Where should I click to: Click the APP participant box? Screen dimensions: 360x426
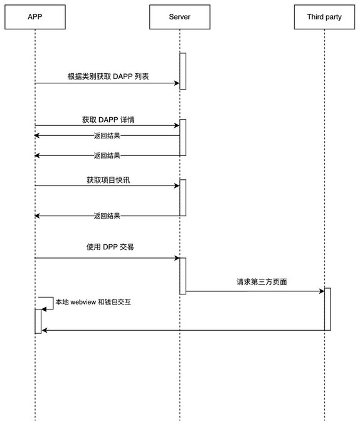coord(35,17)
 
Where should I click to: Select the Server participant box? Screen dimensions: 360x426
coord(180,17)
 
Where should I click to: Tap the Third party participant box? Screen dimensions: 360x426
coord(324,17)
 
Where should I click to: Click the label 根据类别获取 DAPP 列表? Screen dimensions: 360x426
coord(109,76)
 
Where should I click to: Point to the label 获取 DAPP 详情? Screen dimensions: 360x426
coord(109,120)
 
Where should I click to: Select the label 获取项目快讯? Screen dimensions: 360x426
coord(109,180)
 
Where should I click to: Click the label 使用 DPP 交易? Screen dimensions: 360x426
coord(110,247)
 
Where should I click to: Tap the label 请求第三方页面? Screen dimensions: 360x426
coord(262,282)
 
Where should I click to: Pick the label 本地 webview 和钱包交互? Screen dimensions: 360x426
coord(93,302)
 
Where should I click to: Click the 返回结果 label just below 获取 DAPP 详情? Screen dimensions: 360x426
coord(107,135)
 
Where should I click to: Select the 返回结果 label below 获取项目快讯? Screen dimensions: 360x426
coord(107,216)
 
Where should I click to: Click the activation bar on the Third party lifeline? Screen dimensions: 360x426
coord(327,309)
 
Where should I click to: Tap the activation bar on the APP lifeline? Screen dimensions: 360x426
coord(38,321)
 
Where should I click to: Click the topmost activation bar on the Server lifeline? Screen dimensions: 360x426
coord(183,71)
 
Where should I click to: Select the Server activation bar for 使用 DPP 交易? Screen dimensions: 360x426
coord(183,276)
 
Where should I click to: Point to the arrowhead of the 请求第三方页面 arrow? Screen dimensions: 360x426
coord(322,291)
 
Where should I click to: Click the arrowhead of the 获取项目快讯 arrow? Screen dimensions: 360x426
coord(177,186)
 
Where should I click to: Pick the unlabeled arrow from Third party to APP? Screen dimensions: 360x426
coord(183,330)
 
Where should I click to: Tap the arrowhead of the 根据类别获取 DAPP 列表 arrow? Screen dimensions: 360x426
coord(177,83)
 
